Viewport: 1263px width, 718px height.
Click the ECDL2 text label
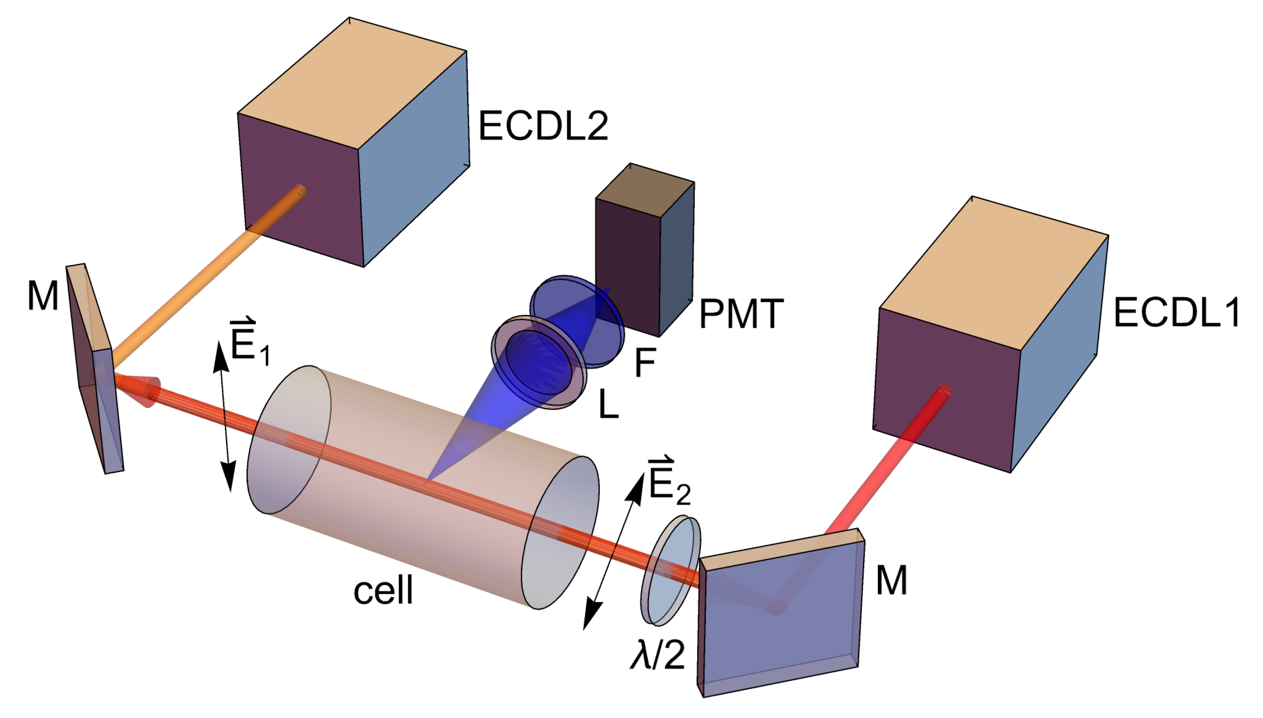click(543, 126)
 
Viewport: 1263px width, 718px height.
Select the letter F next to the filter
click(645, 362)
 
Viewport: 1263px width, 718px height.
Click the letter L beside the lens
click(608, 404)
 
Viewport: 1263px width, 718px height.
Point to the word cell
click(383, 590)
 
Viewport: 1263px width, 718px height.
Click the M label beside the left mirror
click(43, 296)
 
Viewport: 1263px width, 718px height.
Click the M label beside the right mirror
click(891, 580)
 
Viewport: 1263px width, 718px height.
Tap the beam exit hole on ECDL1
click(944, 391)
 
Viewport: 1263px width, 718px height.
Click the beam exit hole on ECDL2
click(299, 191)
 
